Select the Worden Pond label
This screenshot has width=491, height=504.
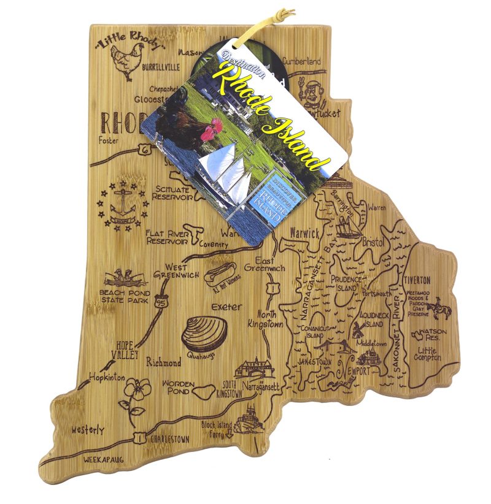178,388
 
